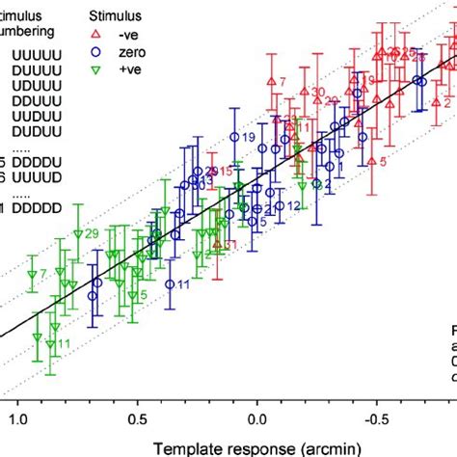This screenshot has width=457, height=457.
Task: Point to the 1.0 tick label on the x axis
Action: pyautogui.click(x=17, y=420)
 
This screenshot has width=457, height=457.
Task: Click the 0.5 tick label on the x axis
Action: pyautogui.click(x=137, y=420)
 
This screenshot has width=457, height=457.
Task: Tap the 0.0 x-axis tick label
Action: pyautogui.click(x=256, y=420)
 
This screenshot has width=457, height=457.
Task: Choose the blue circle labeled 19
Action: pyautogui.click(x=233, y=141)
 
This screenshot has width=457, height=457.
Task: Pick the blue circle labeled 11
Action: pyautogui.click(x=170, y=284)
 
